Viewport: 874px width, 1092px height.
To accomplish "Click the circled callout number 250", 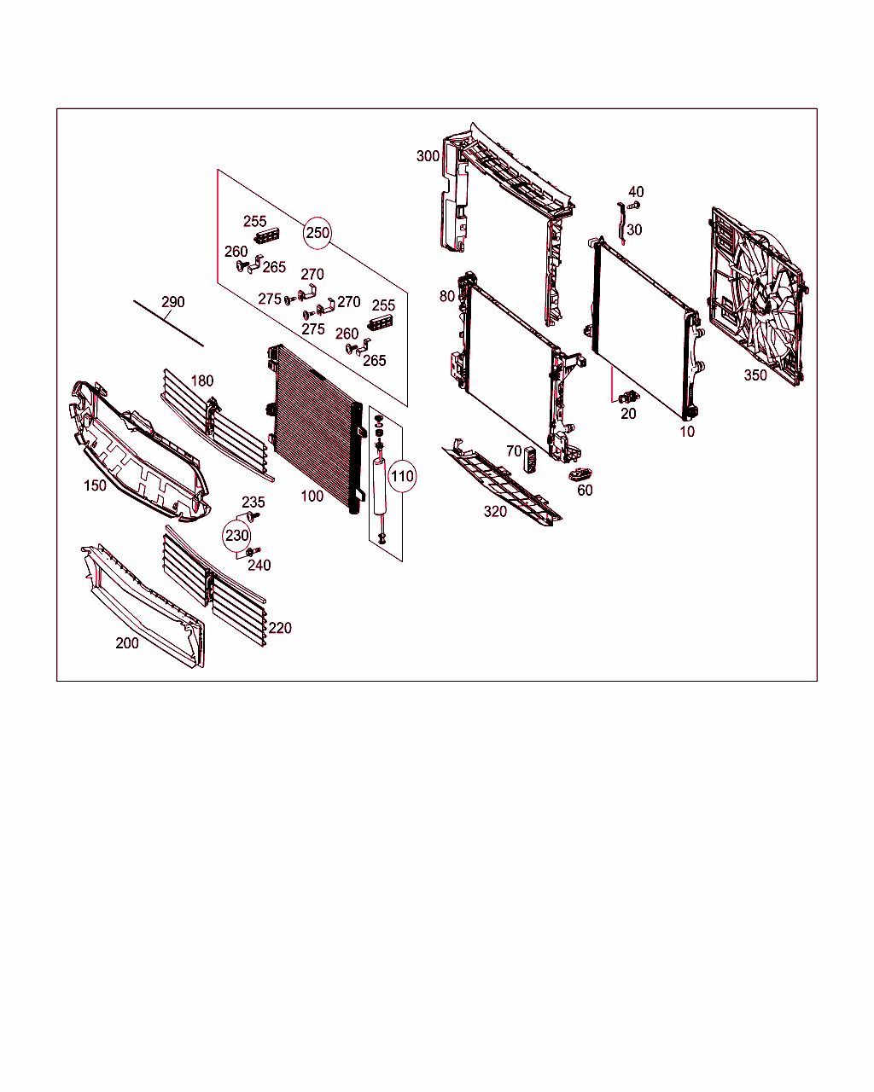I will click(x=318, y=233).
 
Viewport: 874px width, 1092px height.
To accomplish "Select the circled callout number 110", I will click(x=402, y=476).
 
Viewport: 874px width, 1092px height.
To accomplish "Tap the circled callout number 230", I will click(x=236, y=536).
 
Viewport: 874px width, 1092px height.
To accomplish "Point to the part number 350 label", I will click(x=755, y=375).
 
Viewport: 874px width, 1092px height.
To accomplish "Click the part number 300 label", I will click(x=428, y=156).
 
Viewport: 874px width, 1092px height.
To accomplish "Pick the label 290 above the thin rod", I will click(x=173, y=302).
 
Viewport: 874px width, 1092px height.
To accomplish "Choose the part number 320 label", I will click(x=495, y=512).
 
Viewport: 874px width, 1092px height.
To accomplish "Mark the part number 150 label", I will click(x=95, y=485).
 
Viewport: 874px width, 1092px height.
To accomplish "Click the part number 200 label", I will click(x=127, y=643).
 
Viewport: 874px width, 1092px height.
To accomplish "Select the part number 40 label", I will click(x=636, y=193).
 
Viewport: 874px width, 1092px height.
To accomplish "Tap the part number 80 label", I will click(x=447, y=297).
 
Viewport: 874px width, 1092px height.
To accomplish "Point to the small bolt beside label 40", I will click(x=632, y=206).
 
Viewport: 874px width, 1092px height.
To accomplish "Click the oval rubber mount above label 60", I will click(x=582, y=474).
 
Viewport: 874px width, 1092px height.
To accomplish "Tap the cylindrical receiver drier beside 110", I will click(x=378, y=486).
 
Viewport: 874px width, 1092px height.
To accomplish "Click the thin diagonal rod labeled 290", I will click(x=169, y=323).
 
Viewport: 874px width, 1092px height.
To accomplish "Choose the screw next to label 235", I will click(x=252, y=517).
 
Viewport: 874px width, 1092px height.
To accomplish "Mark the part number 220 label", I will click(x=280, y=629).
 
